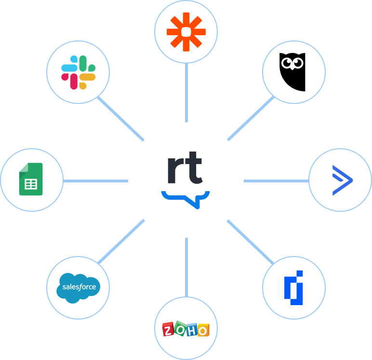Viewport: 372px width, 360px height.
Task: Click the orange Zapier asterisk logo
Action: [x=186, y=32]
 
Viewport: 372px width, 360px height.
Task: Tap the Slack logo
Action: [x=78, y=72]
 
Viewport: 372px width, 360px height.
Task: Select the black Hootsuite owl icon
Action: [x=292, y=72]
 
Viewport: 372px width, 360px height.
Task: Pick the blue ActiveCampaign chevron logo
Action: [x=342, y=180]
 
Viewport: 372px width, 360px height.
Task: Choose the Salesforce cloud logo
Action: [x=79, y=288]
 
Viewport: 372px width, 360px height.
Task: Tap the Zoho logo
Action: [x=186, y=329]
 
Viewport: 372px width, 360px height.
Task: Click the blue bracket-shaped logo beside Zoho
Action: [x=293, y=287]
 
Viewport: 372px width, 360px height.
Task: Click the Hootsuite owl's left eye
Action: [x=287, y=62]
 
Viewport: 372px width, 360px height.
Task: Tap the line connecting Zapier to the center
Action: [x=186, y=94]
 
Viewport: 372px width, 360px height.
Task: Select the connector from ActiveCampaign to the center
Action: [x=276, y=181]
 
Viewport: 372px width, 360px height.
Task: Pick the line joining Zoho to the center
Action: [x=186, y=267]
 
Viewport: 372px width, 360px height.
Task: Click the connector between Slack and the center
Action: [x=120, y=118]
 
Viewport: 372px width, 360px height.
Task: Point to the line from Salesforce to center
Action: [x=120, y=243]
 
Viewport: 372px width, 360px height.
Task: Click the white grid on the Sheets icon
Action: [x=31, y=184]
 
